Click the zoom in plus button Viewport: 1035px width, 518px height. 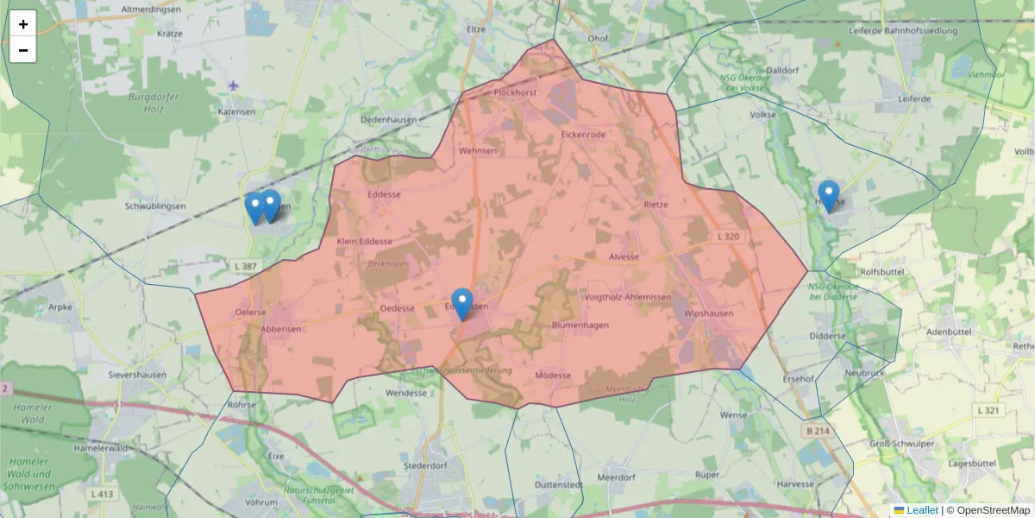(x=23, y=24)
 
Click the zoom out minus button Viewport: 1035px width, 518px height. (x=23, y=50)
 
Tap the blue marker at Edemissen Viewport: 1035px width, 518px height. (x=462, y=304)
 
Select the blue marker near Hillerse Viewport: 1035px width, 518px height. (x=829, y=196)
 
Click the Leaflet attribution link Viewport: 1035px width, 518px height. (x=921, y=510)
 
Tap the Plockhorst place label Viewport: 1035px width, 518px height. (x=516, y=92)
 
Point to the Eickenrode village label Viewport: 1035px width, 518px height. (x=583, y=135)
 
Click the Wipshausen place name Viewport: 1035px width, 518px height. (x=708, y=313)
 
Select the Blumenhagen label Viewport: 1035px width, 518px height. (x=580, y=325)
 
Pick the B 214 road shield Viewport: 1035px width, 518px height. (x=818, y=430)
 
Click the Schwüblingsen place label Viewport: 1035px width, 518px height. (x=155, y=206)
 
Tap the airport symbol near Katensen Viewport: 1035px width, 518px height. (x=234, y=85)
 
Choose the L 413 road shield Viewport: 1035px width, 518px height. (x=102, y=494)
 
